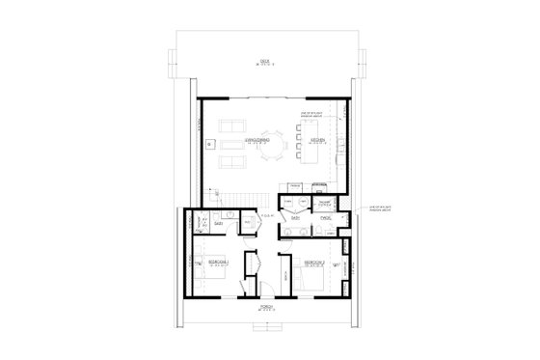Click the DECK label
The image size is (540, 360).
point(264,61)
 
